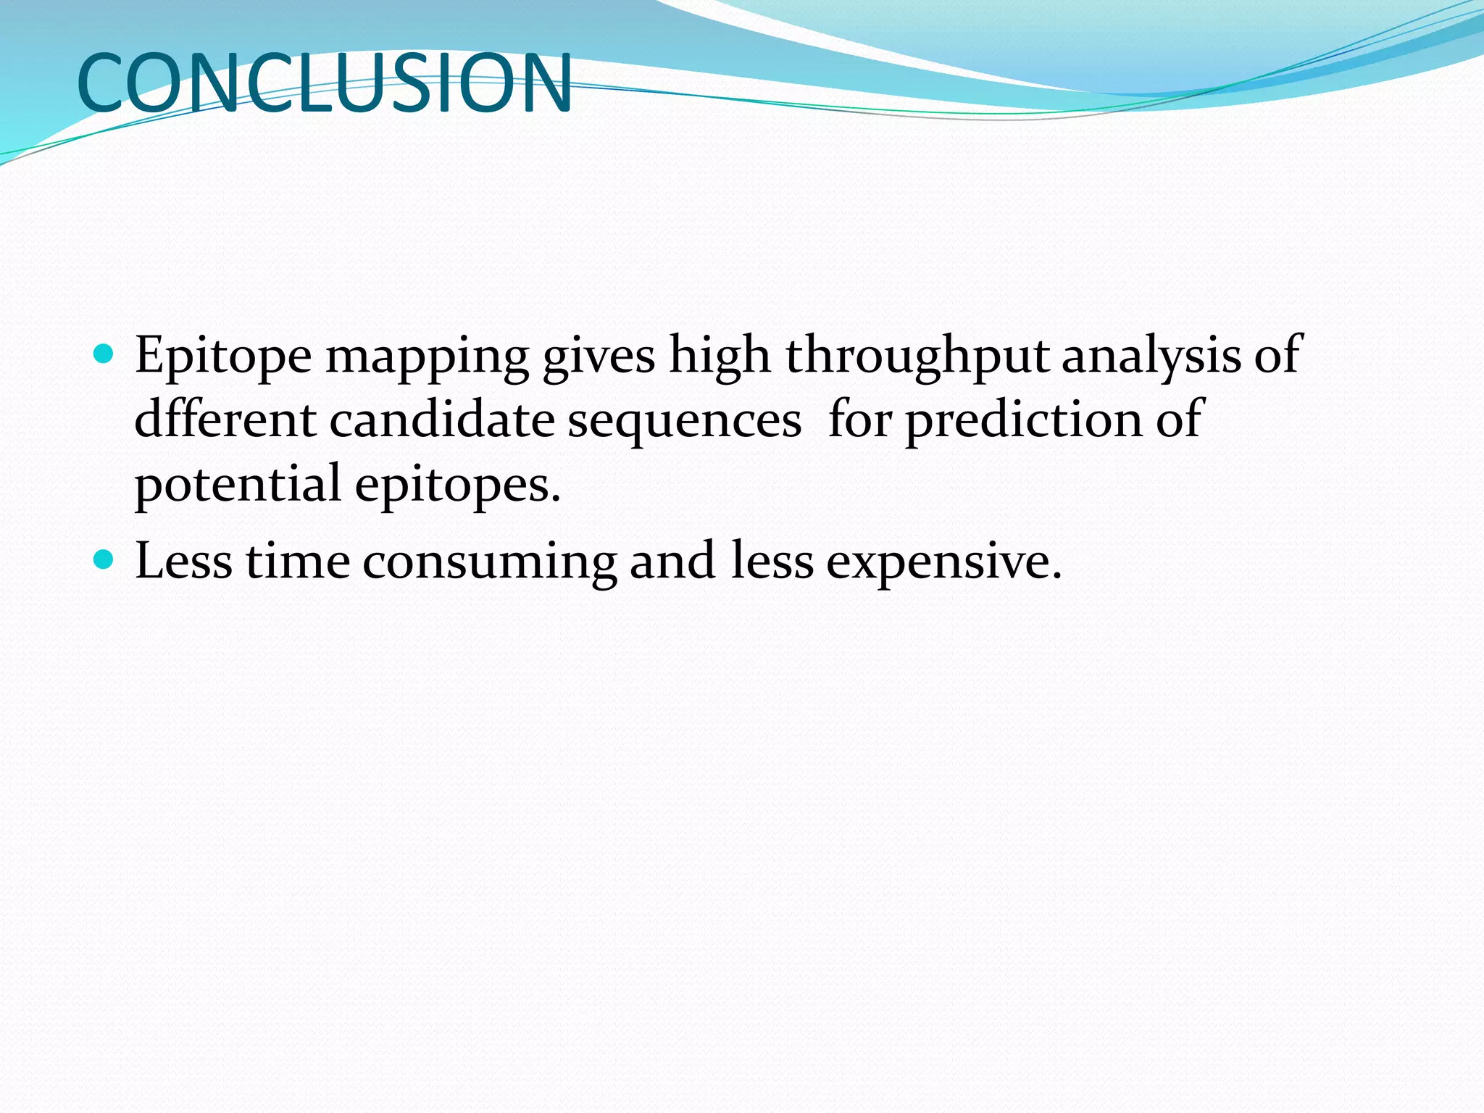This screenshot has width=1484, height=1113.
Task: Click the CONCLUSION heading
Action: click(x=324, y=83)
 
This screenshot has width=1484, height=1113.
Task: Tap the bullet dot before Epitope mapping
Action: click(x=104, y=354)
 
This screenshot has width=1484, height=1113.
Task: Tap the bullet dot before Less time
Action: click(x=104, y=560)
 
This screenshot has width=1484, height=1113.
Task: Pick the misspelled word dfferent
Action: click(x=225, y=420)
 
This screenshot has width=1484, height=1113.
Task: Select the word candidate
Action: click(x=441, y=420)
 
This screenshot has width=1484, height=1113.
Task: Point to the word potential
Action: click(x=238, y=484)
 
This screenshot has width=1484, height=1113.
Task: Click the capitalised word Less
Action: click(x=183, y=561)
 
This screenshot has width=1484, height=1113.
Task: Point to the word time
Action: click(x=298, y=561)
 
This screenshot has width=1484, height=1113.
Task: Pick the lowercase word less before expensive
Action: click(x=772, y=561)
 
